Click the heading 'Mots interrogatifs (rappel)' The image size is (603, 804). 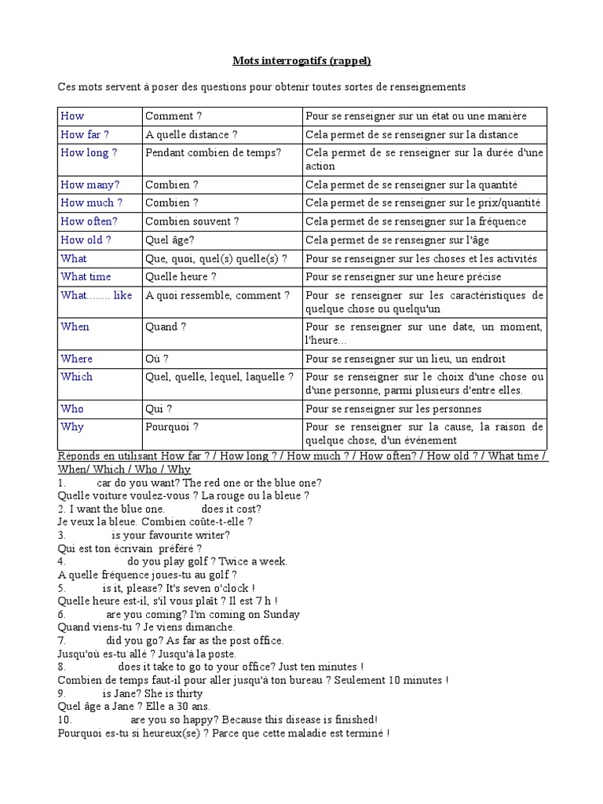pyautogui.click(x=301, y=60)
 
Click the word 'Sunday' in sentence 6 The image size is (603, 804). pyautogui.click(x=280, y=614)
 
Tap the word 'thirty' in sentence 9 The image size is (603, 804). pyautogui.click(x=188, y=693)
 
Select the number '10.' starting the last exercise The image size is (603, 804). pyautogui.click(x=65, y=719)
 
